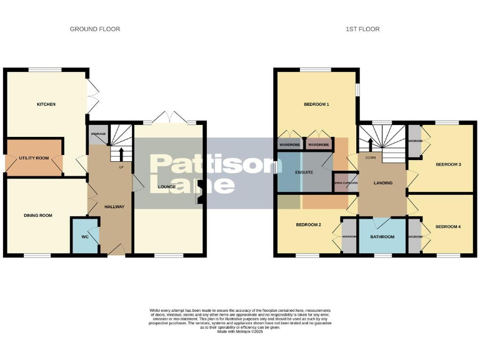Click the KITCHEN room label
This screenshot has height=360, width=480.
pos(46,104)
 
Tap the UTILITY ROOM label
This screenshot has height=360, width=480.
pos(34,158)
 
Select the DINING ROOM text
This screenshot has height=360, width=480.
pos(38,216)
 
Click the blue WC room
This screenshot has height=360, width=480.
pos(85,236)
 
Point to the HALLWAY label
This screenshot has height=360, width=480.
pos(114,207)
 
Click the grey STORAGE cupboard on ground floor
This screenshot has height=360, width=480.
pos(97,136)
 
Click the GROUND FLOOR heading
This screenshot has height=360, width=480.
pos(95,29)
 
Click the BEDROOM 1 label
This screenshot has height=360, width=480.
pos(316,104)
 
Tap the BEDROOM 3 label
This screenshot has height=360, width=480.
pos(448,164)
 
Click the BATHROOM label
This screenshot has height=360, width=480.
pos(382,237)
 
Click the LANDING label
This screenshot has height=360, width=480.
pos(382,183)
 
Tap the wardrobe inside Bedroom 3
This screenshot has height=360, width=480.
pos(414,141)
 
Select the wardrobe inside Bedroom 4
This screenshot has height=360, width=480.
pos(414,237)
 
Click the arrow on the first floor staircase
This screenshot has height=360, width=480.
pos(371,145)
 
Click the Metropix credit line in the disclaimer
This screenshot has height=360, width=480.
pos(240,332)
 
